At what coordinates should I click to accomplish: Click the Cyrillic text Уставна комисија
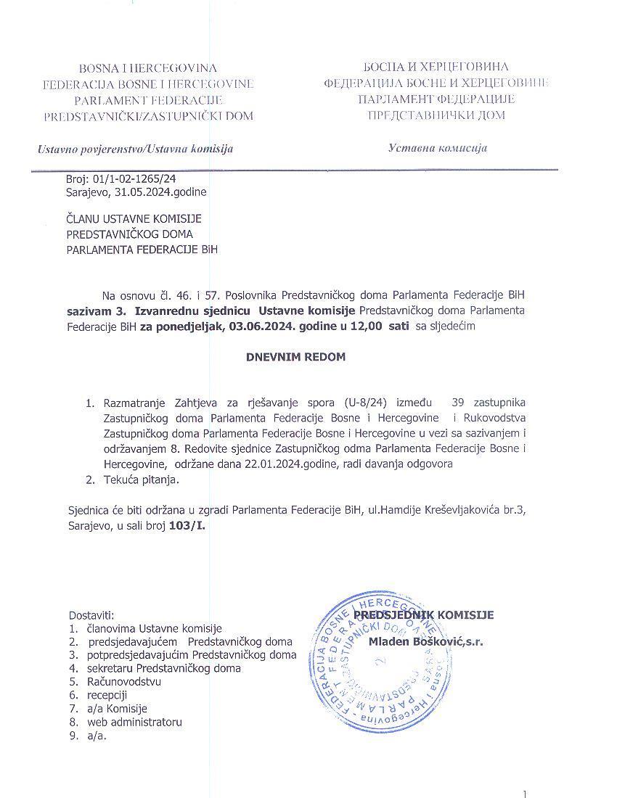[438, 148]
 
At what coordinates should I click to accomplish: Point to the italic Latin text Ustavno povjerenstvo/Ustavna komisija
[136, 149]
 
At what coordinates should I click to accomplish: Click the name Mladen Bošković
[420, 641]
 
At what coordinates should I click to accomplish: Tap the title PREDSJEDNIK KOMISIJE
[424, 615]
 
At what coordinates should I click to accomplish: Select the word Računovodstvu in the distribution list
[124, 682]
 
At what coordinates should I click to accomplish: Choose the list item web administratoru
[135, 722]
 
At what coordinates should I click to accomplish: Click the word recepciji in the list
[107, 695]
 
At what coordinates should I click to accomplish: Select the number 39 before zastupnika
[458, 402]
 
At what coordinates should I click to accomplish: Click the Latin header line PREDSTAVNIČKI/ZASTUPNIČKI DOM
[149, 116]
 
